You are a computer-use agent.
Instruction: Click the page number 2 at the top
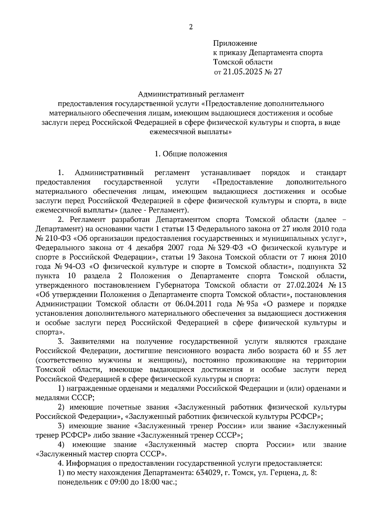click(x=191, y=27)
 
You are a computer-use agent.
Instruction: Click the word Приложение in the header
click(x=235, y=43)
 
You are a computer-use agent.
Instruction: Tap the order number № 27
click(x=274, y=72)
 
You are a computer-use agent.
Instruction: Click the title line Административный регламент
click(x=191, y=93)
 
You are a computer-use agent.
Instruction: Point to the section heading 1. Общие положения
click(x=191, y=154)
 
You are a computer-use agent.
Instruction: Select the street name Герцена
click(x=288, y=473)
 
